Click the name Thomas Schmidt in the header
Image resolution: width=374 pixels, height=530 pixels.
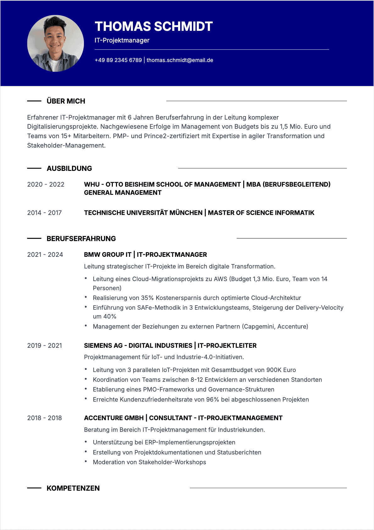coord(154,26)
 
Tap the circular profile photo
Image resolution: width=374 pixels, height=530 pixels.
coord(56,43)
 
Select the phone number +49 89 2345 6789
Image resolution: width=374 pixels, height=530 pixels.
coord(118,60)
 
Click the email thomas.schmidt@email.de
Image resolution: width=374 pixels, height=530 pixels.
coord(180,60)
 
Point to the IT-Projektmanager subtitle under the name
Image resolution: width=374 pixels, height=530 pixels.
coord(122,40)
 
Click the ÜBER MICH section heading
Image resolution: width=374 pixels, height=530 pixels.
coord(66,101)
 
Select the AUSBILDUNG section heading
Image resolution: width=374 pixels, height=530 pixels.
coord(69,168)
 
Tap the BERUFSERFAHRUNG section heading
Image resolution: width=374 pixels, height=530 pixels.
coord(81,239)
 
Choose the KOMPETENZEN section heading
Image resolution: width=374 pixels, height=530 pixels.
coord(73,488)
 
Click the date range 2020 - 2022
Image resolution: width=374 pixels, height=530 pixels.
coord(46,184)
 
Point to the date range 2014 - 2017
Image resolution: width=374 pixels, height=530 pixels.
coord(45,213)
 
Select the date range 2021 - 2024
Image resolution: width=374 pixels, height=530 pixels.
coord(45,255)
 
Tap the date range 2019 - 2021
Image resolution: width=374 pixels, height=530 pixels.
coord(45,346)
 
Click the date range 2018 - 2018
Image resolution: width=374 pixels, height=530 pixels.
coord(45,418)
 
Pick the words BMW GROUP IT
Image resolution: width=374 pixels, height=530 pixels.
coord(107,255)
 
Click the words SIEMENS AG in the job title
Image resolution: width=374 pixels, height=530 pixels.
coord(103,346)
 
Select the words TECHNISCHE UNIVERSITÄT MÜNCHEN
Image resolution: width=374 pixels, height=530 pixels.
coord(143,213)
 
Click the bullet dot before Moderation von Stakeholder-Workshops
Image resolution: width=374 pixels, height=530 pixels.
coord(86,461)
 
